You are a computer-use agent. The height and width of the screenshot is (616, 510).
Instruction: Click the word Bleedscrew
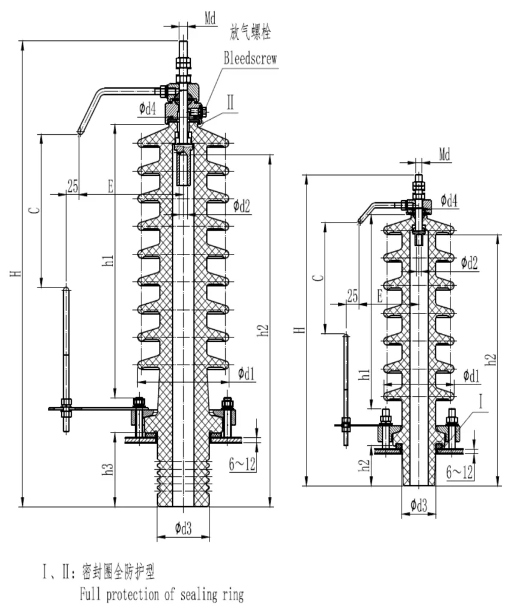point(250,58)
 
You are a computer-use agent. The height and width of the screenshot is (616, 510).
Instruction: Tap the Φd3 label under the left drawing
point(184,528)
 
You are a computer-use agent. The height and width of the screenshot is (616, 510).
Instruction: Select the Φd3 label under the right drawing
point(418,506)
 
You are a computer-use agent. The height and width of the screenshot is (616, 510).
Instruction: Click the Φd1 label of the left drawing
point(246,374)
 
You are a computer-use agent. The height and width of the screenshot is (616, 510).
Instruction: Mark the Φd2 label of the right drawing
point(470,262)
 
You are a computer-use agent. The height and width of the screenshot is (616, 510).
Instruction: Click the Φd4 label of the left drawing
point(148,109)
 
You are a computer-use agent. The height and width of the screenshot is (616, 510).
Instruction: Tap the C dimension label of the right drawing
point(319,278)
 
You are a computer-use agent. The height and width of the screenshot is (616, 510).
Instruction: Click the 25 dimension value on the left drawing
point(72,186)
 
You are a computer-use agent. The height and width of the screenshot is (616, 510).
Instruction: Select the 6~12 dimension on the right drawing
point(459,473)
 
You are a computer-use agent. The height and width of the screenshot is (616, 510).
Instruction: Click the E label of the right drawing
point(379,296)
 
